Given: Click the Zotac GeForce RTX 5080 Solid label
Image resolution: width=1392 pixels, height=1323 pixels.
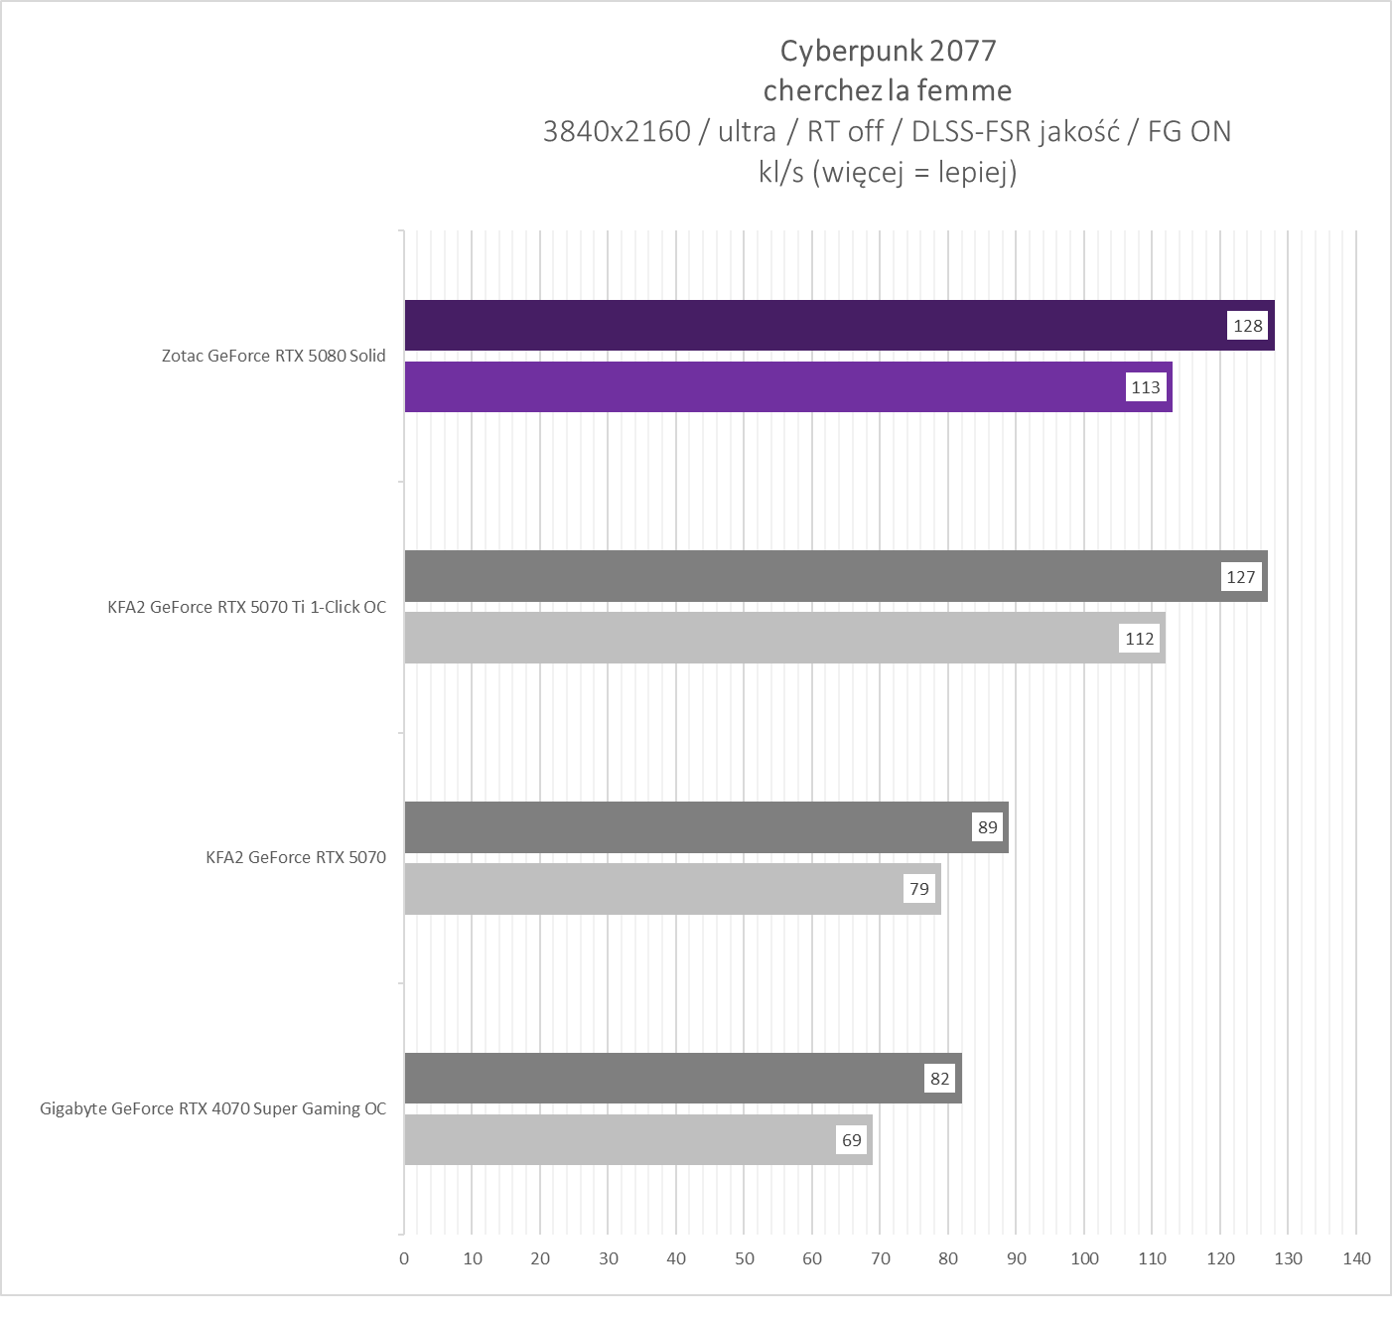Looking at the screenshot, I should [273, 356].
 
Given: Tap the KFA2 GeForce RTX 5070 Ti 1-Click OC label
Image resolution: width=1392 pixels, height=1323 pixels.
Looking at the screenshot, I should [246, 607].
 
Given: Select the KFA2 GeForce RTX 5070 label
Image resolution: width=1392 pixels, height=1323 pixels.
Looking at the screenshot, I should [296, 857].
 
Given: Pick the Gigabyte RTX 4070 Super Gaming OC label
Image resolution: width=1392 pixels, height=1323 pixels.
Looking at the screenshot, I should [212, 1108].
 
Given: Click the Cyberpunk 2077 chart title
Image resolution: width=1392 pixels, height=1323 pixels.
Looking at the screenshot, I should [888, 51].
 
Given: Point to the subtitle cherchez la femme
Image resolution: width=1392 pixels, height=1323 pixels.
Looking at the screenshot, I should [888, 90].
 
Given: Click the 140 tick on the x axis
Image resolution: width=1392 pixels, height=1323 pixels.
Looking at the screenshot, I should [1356, 1258].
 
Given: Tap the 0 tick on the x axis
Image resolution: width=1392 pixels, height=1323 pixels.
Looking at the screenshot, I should [404, 1258].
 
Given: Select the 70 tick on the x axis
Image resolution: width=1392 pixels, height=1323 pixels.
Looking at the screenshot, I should [881, 1258].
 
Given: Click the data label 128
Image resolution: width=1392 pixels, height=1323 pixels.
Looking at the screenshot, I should [1248, 326].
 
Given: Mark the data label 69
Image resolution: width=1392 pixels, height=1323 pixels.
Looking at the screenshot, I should [852, 1140].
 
